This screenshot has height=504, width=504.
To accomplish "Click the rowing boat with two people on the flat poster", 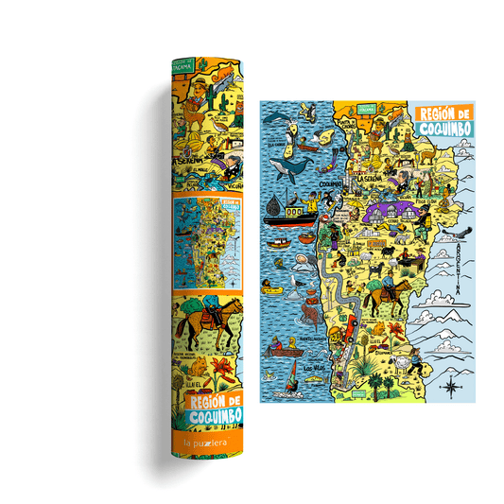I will [x=281, y=351].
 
